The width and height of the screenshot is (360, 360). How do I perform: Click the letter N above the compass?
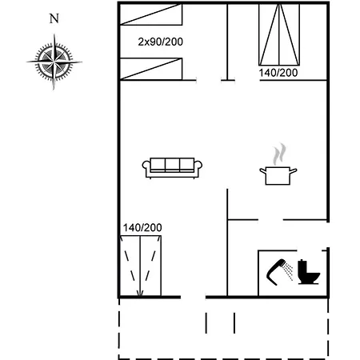coord(54,18)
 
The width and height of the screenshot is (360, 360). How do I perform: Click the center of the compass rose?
coord(54,62)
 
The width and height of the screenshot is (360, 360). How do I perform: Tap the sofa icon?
coord(172,168)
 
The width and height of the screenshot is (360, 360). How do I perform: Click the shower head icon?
coord(276,271)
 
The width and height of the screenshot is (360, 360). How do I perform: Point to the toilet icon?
coord(309,272)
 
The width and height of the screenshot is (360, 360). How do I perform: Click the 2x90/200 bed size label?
coord(161,42)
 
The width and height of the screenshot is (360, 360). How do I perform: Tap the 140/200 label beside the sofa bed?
coord(142,228)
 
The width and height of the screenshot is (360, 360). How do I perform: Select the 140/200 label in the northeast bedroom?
coord(278,73)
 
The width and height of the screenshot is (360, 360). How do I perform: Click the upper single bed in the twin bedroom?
coord(151,14)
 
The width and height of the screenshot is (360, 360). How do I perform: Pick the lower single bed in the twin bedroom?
coord(151,69)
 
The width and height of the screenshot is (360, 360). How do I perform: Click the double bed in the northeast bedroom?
coord(279,34)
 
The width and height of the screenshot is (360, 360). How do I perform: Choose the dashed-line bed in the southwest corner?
coord(141,266)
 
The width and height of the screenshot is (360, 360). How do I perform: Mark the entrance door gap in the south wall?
coord(193,297)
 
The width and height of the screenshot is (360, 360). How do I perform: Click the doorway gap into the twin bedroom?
coord(209,80)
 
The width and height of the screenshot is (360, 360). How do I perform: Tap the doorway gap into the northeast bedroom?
coord(247,80)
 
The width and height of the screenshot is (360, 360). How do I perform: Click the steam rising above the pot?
coord(279,154)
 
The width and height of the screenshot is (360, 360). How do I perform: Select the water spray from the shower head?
coord(289,271)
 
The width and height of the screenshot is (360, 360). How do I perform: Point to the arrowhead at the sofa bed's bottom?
coord(140,294)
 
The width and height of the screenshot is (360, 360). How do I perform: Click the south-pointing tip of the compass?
coord(54,90)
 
